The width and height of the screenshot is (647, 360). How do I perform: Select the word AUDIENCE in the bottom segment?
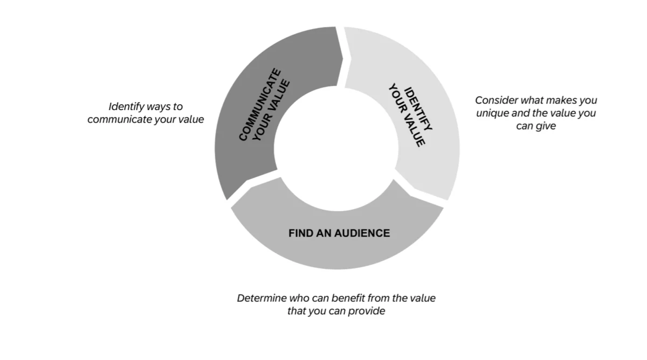click(x=362, y=233)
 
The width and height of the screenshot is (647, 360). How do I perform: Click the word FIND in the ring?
click(x=300, y=233)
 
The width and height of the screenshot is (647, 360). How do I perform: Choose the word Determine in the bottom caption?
click(x=260, y=298)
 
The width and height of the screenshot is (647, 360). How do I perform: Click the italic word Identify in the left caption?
click(x=126, y=107)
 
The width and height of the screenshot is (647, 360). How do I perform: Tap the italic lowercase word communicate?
click(x=119, y=119)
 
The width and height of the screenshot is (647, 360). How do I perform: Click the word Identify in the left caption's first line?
click(x=126, y=107)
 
